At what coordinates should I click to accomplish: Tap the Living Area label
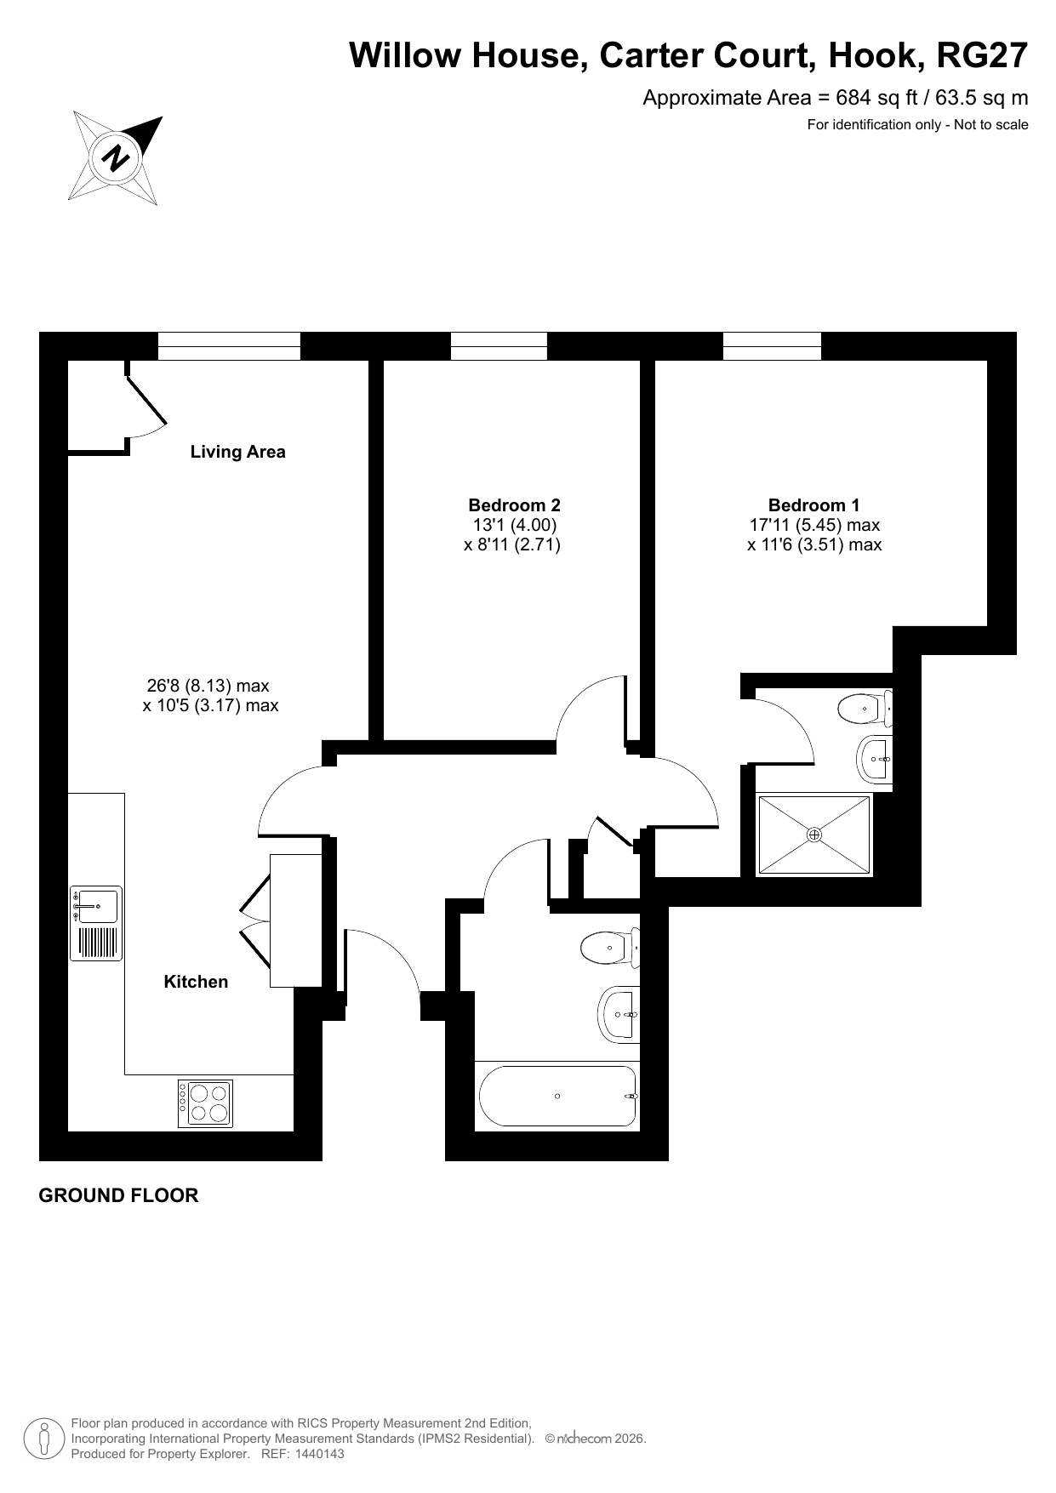[x=237, y=452]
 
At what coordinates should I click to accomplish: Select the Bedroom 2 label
[x=514, y=505]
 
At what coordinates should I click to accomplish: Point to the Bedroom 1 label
[x=813, y=505]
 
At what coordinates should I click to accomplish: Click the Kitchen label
[x=196, y=982]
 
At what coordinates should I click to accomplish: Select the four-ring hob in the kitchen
[x=205, y=1103]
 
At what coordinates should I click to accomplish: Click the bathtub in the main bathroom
[x=558, y=1096]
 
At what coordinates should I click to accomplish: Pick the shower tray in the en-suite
[x=814, y=835]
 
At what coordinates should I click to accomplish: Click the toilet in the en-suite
[x=865, y=708]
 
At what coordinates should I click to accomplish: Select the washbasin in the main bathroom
[x=619, y=1014]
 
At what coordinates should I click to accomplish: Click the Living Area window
[x=230, y=346]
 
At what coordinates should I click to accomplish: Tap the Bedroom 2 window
[x=499, y=346]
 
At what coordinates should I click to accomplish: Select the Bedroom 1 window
[x=772, y=346]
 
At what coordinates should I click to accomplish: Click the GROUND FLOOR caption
[x=119, y=1195]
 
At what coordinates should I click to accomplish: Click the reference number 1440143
[x=319, y=1454]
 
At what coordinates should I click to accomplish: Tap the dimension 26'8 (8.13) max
[x=208, y=686]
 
